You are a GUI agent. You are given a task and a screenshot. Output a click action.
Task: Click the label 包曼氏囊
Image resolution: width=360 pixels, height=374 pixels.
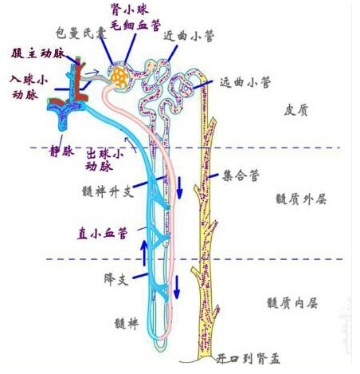81,33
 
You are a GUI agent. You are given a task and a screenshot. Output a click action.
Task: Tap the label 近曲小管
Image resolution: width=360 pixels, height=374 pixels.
189,36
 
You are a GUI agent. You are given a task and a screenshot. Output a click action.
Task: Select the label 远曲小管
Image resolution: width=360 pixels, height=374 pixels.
245,82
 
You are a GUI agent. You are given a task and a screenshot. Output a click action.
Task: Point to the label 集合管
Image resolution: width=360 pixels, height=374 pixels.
241,175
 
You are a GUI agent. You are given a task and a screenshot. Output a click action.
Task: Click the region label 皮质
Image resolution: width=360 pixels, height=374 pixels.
295,110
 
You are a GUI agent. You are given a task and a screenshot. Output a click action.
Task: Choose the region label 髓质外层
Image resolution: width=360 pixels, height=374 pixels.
301,199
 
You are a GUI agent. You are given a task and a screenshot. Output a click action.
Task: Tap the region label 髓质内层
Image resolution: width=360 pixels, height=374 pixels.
292,303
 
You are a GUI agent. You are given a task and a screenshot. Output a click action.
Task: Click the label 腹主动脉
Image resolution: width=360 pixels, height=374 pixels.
38,53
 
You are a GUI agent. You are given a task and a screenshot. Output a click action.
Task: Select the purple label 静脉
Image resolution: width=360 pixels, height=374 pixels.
61,152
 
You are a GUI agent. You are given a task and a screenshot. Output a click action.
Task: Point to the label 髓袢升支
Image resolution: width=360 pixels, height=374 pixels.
108,191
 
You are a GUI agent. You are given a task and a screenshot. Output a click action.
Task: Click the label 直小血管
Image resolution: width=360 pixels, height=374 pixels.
102,234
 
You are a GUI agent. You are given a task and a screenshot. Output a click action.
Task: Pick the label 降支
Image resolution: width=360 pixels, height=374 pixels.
116,279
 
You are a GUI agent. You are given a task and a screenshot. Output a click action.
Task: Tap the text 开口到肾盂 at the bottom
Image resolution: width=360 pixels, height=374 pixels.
248,359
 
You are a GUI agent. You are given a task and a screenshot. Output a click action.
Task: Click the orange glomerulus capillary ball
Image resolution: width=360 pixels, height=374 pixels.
120,77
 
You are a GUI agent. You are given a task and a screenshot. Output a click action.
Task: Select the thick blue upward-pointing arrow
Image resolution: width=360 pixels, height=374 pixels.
144,253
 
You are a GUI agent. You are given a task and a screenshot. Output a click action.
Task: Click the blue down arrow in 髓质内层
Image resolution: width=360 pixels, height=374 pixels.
177,287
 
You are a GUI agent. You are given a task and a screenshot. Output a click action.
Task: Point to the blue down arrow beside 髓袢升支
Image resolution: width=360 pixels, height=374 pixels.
180,187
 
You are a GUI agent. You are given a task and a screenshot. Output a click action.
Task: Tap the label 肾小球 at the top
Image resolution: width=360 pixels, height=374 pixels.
130,10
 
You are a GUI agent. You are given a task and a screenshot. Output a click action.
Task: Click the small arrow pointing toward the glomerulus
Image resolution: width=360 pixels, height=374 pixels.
92,72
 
